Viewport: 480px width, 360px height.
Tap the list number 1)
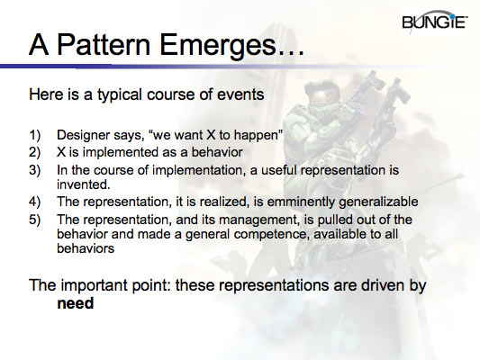click(x=34, y=136)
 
